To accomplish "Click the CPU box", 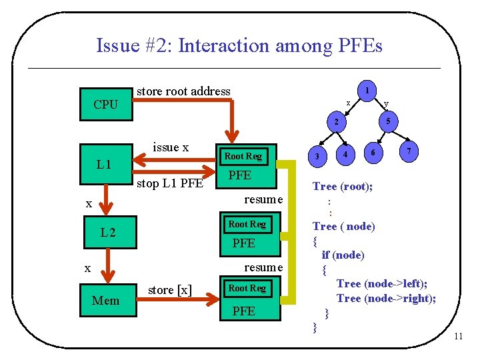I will (x=105, y=104).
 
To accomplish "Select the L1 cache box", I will (x=104, y=164).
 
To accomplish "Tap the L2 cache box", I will (x=107, y=233).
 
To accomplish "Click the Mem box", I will (x=105, y=301).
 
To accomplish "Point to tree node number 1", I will (x=367, y=89).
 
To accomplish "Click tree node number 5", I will (x=387, y=121).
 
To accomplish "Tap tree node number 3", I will (x=318, y=156).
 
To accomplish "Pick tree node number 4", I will (x=345, y=155).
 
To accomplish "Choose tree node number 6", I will (x=373, y=153).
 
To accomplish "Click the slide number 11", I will (x=458, y=336).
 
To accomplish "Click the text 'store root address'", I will (x=183, y=91).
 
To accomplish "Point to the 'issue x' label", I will (x=171, y=147).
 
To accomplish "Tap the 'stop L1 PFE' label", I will (x=169, y=183).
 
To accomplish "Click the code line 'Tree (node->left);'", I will (x=382, y=284).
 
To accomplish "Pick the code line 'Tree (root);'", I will (x=343, y=187).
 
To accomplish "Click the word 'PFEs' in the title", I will (x=357, y=46).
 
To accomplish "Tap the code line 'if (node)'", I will (x=343, y=255).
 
